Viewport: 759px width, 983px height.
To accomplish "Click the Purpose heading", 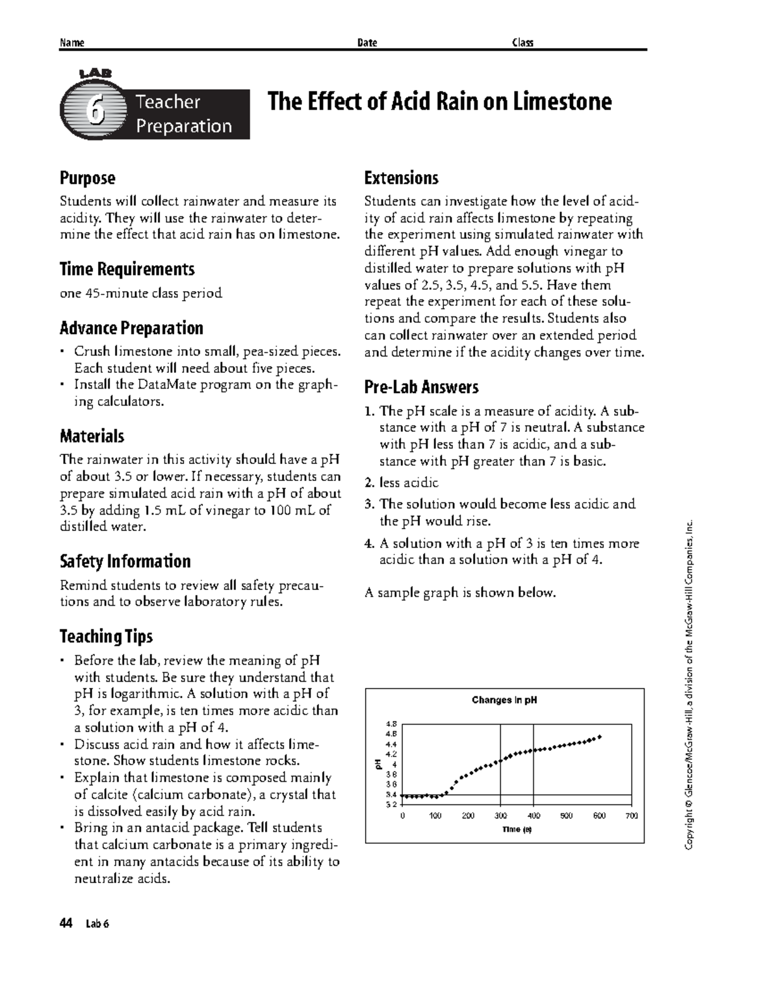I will pyautogui.click(x=87, y=178).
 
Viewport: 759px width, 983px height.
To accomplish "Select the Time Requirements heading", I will pyautogui.click(x=126, y=270).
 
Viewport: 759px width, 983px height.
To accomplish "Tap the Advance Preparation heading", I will pyautogui.click(x=131, y=328).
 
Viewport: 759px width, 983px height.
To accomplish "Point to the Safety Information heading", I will pyautogui.click(x=125, y=561).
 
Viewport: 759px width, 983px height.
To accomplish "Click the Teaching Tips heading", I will pyautogui.click(x=106, y=636).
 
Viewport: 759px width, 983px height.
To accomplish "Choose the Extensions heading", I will pyautogui.click(x=401, y=178).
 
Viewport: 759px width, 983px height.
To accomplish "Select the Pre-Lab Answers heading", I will pyautogui.click(x=421, y=387).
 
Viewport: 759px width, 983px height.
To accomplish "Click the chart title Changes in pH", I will pyautogui.click(x=504, y=700).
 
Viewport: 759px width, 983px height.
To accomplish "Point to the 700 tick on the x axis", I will pyautogui.click(x=631, y=816).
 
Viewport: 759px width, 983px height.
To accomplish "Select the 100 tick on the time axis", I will pyautogui.click(x=435, y=816).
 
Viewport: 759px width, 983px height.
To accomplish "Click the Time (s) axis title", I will pyautogui.click(x=517, y=829).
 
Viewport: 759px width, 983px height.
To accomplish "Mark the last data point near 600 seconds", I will pyautogui.click(x=600, y=737).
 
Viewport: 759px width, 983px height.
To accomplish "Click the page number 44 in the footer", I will pyautogui.click(x=66, y=924).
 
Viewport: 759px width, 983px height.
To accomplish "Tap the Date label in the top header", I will pyautogui.click(x=367, y=43).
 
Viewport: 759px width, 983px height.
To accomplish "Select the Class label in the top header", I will pyautogui.click(x=522, y=43).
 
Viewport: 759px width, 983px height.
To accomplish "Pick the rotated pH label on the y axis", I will pyautogui.click(x=377, y=764).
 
